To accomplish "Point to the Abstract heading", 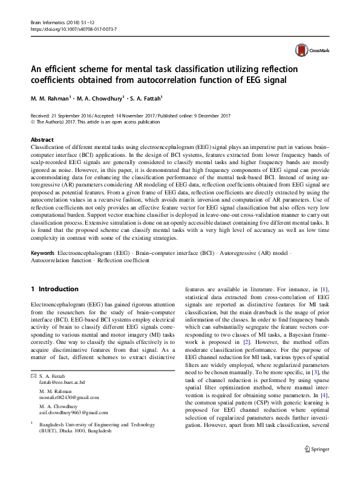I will point(42,139).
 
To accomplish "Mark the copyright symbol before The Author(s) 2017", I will point(32,121).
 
